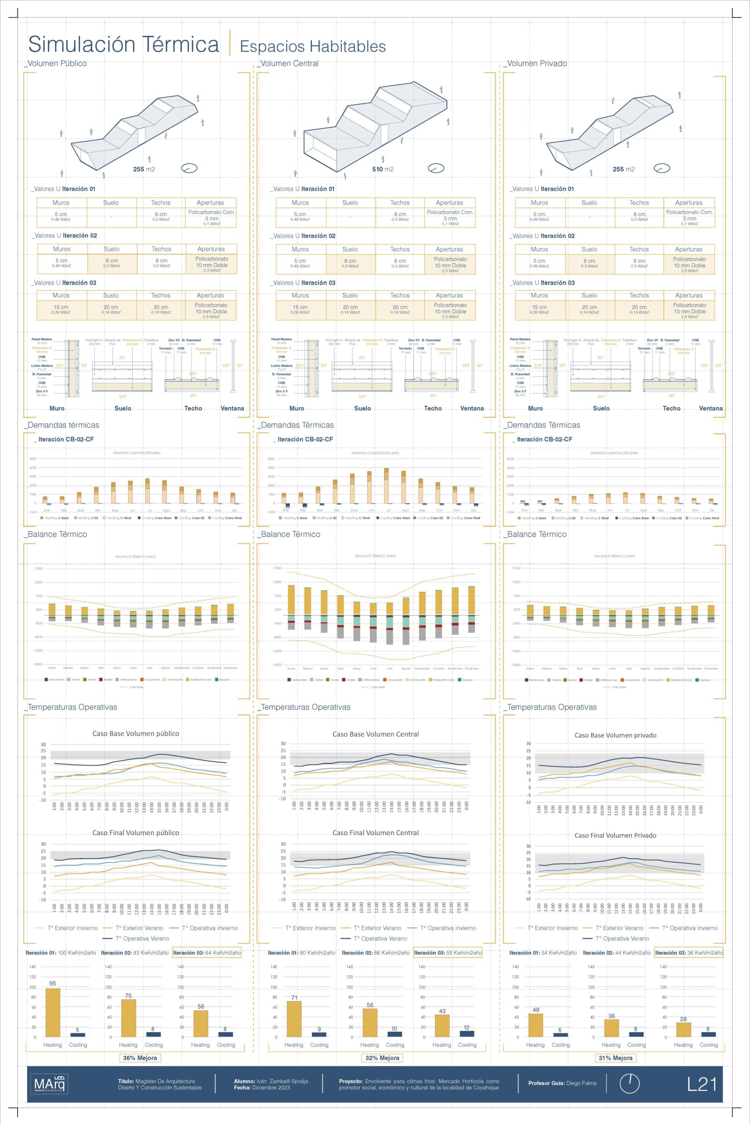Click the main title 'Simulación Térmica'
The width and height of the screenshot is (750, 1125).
tap(123, 44)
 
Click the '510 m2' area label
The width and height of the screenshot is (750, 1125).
tap(383, 169)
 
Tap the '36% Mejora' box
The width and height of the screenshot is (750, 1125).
tap(140, 1058)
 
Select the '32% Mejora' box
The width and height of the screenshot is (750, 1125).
tap(382, 1058)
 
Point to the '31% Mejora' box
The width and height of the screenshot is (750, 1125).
tap(616, 1058)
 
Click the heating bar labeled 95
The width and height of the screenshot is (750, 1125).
tap(53, 1012)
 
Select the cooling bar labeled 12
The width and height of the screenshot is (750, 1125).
tap(467, 1033)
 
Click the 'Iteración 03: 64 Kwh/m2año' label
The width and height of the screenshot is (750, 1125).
tap(207, 953)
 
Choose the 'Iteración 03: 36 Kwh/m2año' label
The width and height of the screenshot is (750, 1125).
tap(689, 953)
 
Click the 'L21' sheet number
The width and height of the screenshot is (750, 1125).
tap(702, 1084)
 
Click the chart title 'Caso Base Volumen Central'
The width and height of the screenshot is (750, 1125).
tap(376, 734)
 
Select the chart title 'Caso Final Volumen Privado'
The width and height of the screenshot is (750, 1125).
tap(615, 835)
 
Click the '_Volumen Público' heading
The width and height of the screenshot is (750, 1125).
tap(56, 64)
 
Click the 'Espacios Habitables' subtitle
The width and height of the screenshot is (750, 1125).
tap(313, 47)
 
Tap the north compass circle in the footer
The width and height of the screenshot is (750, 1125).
tap(630, 1083)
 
